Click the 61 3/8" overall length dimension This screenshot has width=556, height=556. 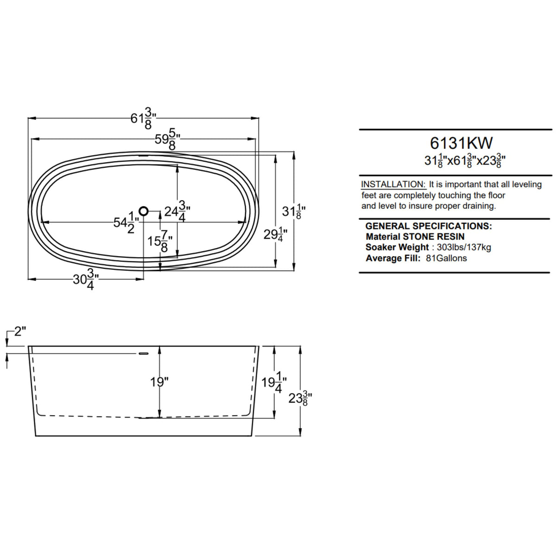143,118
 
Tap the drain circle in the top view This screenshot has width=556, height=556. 144,211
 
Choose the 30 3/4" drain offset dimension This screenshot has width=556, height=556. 86,279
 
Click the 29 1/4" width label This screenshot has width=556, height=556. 275,235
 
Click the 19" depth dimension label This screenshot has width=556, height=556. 159,382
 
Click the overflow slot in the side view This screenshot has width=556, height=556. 144,354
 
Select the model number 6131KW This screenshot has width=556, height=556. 461,142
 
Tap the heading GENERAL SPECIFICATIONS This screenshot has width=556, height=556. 428,226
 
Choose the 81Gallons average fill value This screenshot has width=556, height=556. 446,258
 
